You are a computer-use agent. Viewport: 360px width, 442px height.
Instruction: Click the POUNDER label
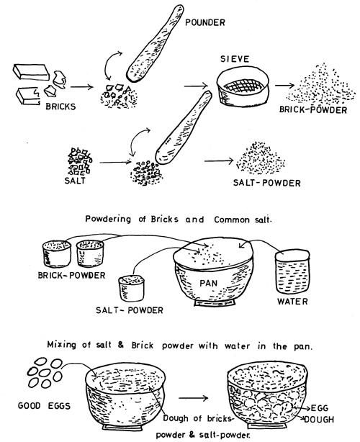(x=205, y=22)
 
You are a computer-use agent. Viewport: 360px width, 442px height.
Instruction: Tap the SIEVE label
(x=235, y=59)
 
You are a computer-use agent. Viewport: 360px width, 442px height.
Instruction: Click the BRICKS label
(x=60, y=107)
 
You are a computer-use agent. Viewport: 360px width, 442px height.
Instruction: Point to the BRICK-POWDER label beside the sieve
(x=313, y=109)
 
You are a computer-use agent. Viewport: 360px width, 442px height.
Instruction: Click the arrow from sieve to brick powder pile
(x=284, y=85)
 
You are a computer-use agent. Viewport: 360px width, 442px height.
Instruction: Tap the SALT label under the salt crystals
(x=75, y=180)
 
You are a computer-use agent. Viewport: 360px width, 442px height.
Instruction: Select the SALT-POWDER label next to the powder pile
(x=266, y=183)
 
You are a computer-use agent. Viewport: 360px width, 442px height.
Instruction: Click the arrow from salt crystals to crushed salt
(x=115, y=162)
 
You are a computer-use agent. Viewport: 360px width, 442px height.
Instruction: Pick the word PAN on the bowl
(x=209, y=283)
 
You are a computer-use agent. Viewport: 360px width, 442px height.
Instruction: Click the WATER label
(x=292, y=302)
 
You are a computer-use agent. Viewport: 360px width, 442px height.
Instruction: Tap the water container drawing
(x=292, y=271)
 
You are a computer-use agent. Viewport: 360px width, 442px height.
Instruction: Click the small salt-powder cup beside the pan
(x=131, y=288)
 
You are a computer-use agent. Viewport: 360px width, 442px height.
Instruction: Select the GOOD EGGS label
(x=44, y=405)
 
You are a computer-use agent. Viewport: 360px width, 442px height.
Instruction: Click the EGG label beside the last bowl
(x=320, y=408)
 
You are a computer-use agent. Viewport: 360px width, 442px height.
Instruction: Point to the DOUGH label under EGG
(x=319, y=420)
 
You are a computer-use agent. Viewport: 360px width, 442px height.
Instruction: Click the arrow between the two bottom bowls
(x=194, y=398)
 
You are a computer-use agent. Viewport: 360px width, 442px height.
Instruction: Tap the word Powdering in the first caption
(x=108, y=220)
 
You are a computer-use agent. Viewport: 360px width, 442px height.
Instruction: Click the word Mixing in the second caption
(x=61, y=345)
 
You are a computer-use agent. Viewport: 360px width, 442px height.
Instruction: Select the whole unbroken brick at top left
(x=31, y=72)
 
